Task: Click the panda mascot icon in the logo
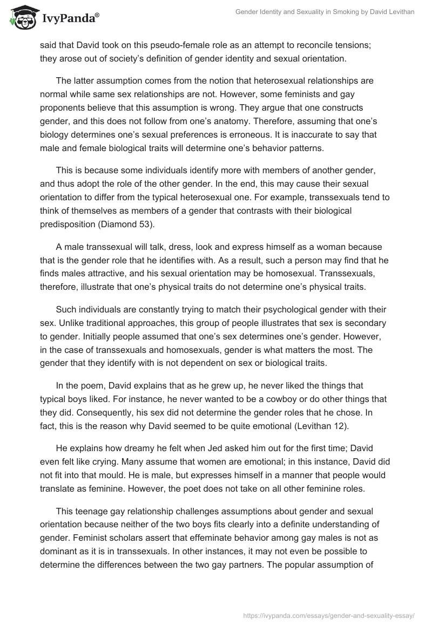click(x=19, y=18)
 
